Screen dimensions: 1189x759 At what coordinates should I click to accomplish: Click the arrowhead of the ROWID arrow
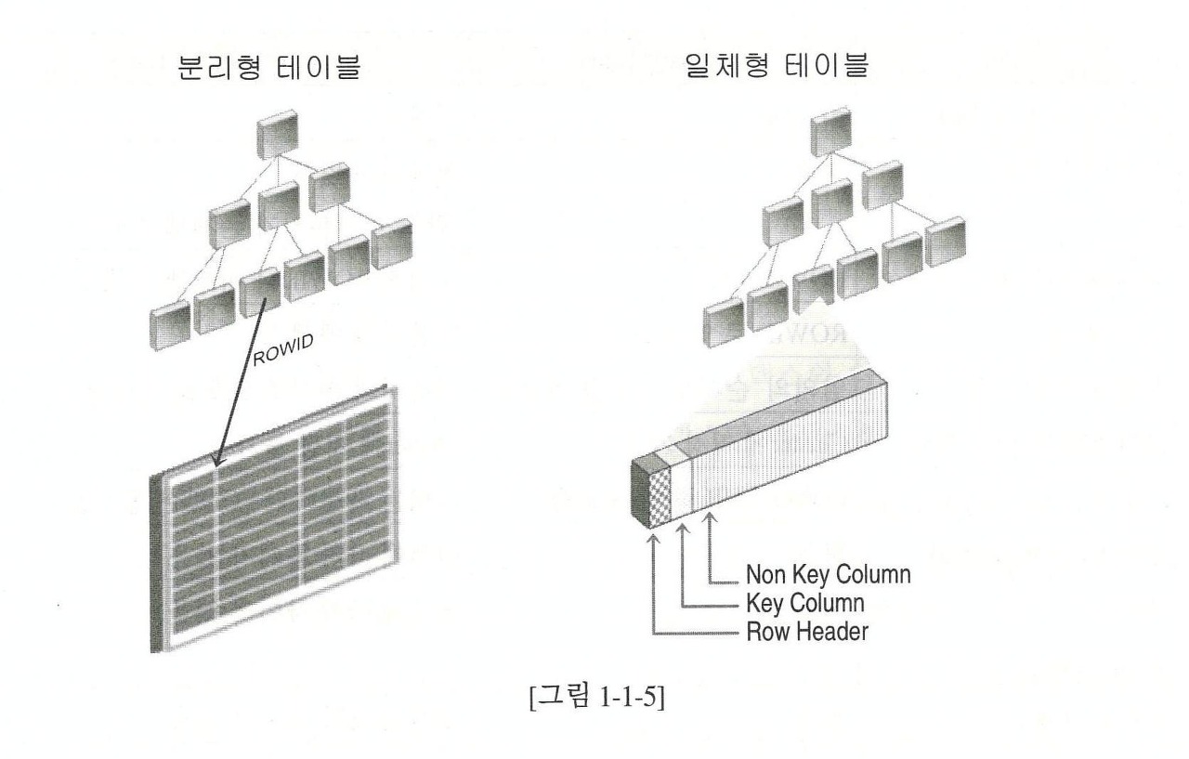216,462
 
